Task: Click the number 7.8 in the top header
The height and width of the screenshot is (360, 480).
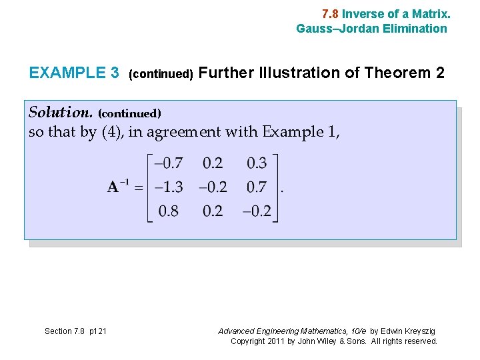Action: [330, 13]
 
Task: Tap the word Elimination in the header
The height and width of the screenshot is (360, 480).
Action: [415, 28]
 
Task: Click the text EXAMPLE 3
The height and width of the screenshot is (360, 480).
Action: [74, 73]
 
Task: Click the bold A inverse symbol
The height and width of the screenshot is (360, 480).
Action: [118, 187]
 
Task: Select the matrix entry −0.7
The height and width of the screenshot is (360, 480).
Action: [168, 163]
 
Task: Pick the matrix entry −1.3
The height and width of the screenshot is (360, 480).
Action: [168, 187]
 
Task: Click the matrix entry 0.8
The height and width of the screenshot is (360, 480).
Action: [168, 211]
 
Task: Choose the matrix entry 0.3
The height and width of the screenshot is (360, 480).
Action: [257, 163]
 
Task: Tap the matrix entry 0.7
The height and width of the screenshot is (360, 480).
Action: [257, 187]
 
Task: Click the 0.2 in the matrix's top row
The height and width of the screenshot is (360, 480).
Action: [213, 163]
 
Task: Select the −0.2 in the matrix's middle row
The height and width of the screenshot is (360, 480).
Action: [213, 187]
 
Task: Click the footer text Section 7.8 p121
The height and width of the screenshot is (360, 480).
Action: [75, 331]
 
